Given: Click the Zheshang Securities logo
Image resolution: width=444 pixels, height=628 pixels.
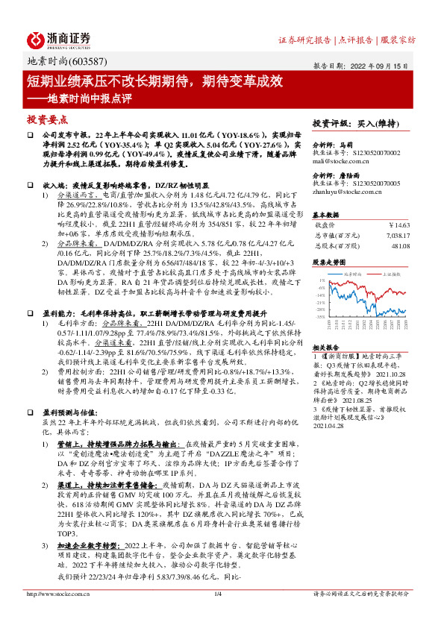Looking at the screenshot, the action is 59,39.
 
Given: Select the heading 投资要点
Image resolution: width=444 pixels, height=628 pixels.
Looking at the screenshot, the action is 48,119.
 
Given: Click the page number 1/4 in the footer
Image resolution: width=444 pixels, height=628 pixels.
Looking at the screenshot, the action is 218,594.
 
